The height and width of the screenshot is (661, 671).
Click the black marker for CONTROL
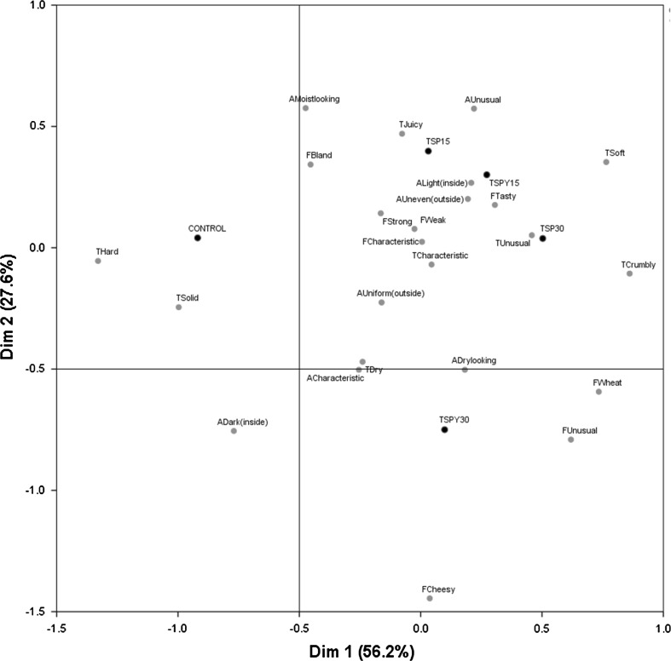point(197,238)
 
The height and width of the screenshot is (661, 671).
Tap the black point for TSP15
point(428,151)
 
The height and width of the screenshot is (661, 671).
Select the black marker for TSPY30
point(444,429)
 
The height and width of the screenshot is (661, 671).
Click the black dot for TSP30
point(542,239)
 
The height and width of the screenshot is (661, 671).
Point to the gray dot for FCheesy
point(430,598)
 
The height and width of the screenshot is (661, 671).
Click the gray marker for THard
point(98,261)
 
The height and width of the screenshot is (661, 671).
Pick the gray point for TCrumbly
point(629,273)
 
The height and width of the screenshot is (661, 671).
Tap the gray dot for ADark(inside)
point(234,431)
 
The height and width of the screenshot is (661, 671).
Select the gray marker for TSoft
point(606,162)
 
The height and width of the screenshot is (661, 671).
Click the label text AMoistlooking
point(315,99)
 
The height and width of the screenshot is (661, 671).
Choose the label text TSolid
point(189,297)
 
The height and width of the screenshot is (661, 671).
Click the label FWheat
point(608,382)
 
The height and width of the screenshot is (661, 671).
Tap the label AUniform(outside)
point(390,293)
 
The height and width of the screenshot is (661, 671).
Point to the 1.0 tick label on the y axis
point(38,6)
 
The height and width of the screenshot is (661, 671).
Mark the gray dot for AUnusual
point(474,108)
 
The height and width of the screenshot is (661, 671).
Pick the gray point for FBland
point(310,164)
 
